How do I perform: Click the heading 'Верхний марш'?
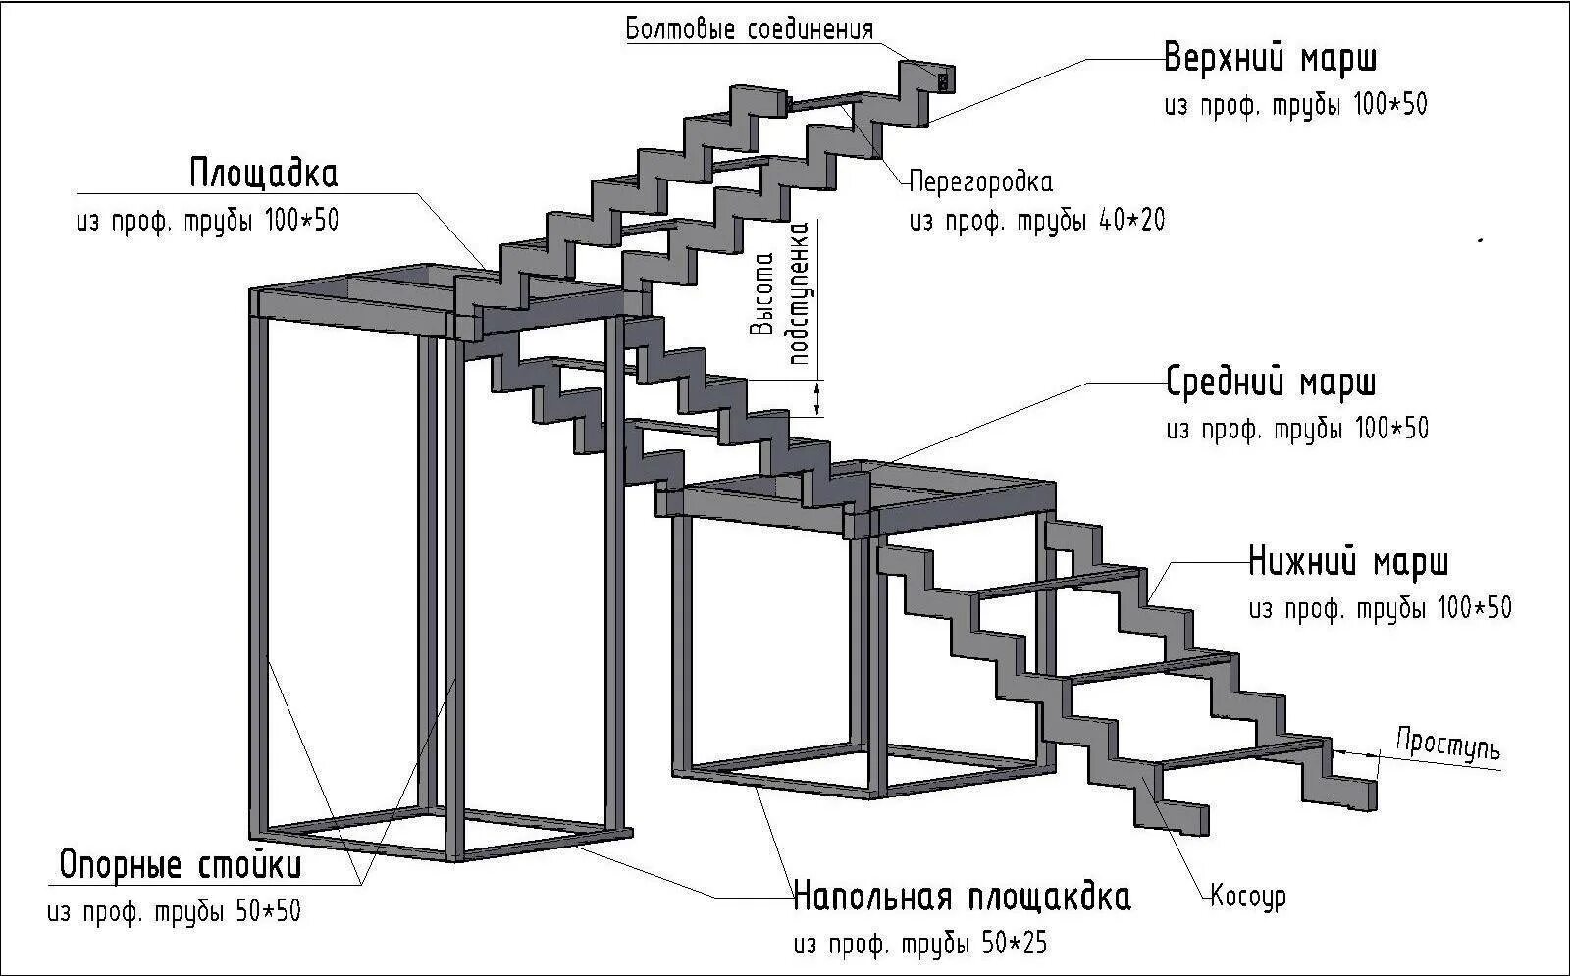coord(1271,59)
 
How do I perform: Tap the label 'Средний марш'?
coord(1271,383)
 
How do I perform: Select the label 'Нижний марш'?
coord(1348,563)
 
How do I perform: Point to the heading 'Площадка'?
coord(263,175)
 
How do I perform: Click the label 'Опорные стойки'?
coord(181,866)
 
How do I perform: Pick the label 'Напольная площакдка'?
coord(962,897)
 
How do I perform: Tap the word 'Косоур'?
coord(1247,896)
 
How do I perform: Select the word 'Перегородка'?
coord(980,182)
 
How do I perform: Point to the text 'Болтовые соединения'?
coord(750,29)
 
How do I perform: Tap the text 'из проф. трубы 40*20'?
coord(1037,220)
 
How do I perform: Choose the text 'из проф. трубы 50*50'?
coord(174,911)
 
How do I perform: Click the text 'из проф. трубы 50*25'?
coord(920,944)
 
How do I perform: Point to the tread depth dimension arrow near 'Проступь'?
coord(1356,750)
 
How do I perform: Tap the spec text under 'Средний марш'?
coord(1297,429)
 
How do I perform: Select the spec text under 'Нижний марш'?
coord(1380,608)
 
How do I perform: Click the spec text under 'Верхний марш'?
coord(1295,105)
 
